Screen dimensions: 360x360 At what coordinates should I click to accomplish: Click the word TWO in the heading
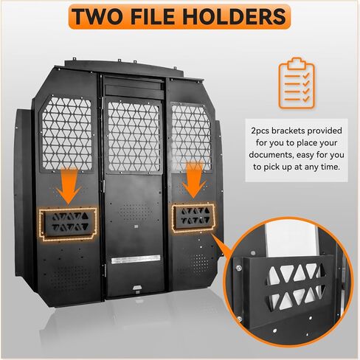[97, 17]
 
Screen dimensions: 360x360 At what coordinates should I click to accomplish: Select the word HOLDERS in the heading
[234, 17]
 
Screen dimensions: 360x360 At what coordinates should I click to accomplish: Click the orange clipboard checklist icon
[297, 83]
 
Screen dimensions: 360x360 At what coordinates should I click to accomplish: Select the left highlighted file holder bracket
[68, 224]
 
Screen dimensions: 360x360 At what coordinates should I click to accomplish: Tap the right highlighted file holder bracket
[193, 218]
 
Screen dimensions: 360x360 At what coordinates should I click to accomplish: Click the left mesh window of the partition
[66, 134]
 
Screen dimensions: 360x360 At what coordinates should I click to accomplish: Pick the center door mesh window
[134, 136]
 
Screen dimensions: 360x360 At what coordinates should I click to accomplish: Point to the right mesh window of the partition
[191, 138]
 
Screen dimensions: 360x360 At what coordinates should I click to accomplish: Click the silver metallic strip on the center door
[136, 260]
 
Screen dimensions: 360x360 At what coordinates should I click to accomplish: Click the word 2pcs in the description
[260, 131]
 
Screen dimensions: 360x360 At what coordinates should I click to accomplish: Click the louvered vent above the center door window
[134, 90]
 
